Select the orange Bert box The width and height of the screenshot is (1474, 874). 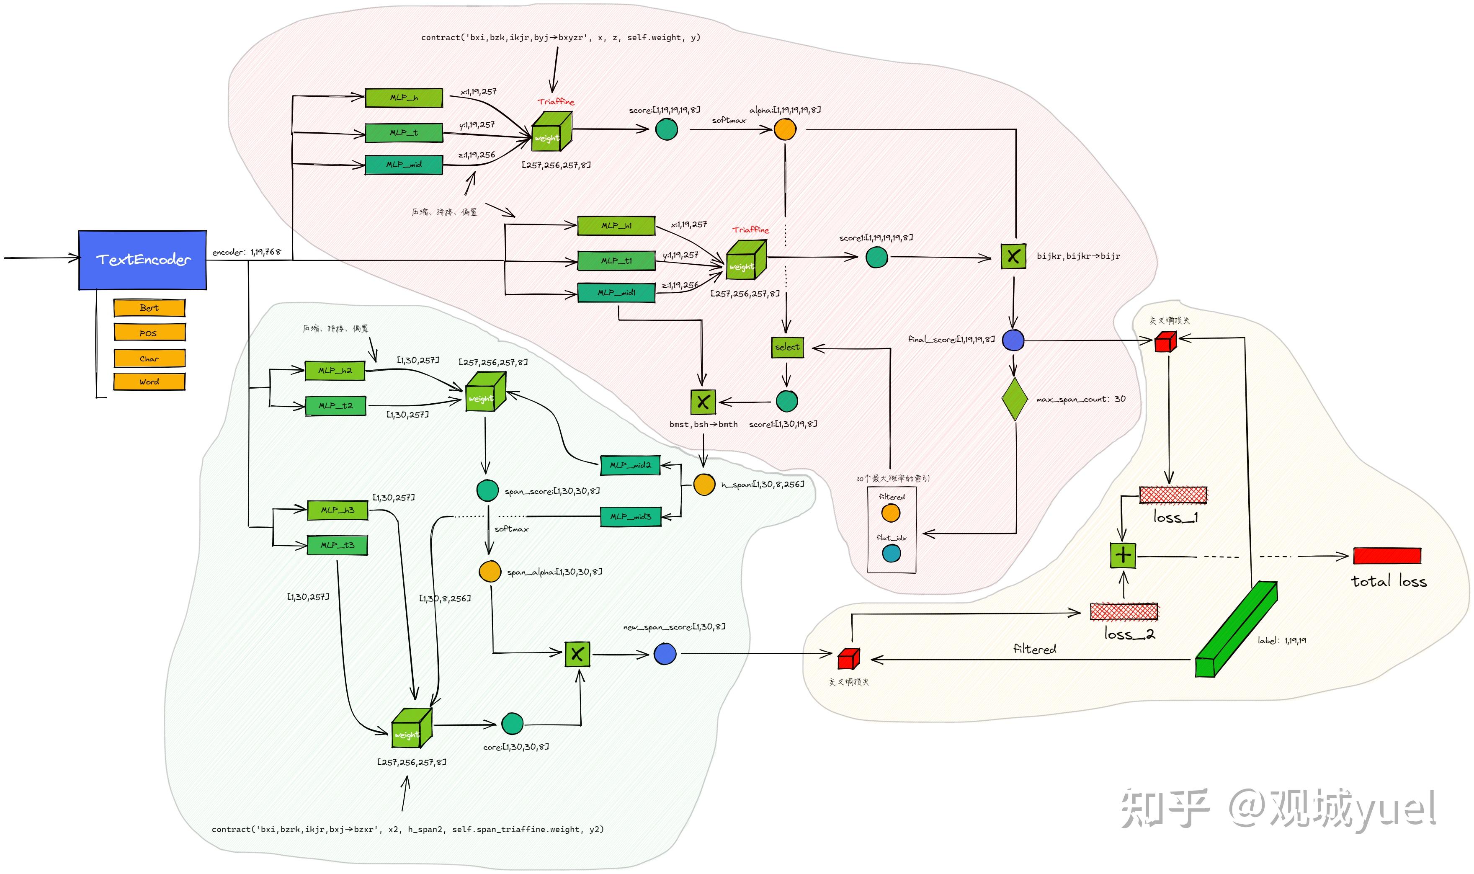click(149, 307)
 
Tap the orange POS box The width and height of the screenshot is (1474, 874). click(149, 333)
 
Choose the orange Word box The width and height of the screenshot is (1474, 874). click(149, 382)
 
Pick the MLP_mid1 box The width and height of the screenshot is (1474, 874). click(616, 293)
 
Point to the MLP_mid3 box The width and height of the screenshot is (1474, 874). click(630, 516)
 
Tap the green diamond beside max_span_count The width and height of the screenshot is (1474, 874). click(1014, 399)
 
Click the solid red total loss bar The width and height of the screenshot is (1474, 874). click(1387, 555)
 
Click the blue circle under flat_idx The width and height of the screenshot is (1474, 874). click(891, 553)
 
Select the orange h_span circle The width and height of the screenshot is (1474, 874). click(704, 484)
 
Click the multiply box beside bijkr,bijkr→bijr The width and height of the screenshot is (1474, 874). click(1013, 257)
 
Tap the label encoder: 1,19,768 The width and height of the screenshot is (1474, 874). click(246, 252)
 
